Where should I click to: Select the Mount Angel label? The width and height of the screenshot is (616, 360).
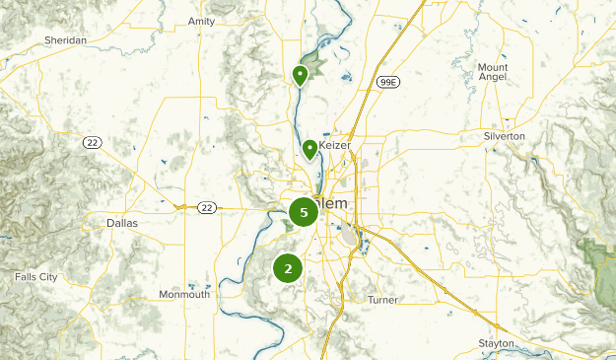pyautogui.click(x=493, y=73)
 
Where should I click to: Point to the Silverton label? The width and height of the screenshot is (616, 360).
pyautogui.click(x=505, y=135)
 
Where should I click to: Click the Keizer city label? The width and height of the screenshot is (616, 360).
pyautogui.click(x=336, y=145)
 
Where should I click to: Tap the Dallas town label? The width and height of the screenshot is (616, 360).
pyautogui.click(x=122, y=223)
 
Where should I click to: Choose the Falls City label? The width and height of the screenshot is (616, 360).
pyautogui.click(x=36, y=277)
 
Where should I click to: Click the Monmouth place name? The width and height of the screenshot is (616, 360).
pyautogui.click(x=184, y=295)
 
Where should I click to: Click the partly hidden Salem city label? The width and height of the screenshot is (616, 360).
pyautogui.click(x=333, y=203)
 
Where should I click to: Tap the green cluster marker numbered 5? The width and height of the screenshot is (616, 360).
pyautogui.click(x=304, y=212)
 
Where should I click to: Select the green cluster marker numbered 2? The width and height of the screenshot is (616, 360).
pyautogui.click(x=288, y=267)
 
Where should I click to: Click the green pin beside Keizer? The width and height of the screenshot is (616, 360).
pyautogui.click(x=310, y=149)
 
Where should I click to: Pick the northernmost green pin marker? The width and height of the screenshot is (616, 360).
pyautogui.click(x=301, y=75)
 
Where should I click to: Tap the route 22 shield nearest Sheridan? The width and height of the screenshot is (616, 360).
pyautogui.click(x=90, y=143)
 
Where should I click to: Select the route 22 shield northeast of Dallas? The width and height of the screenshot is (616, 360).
pyautogui.click(x=206, y=207)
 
